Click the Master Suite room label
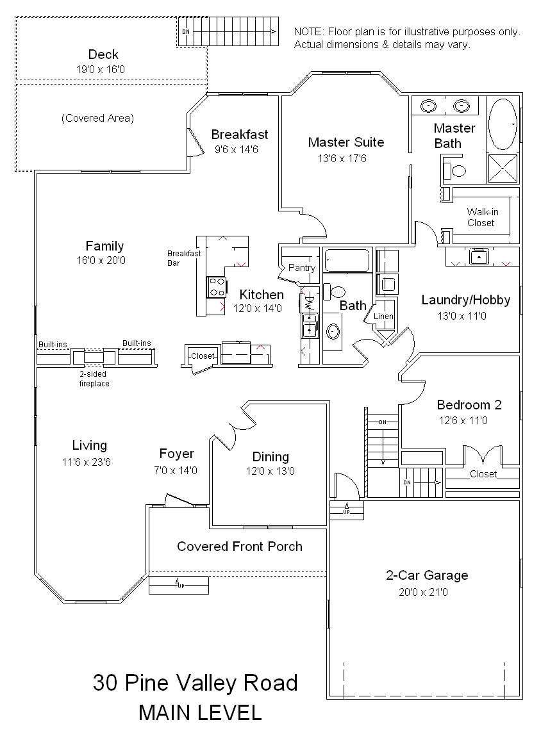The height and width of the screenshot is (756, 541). coord(345,142)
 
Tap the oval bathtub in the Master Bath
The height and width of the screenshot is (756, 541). coord(503,124)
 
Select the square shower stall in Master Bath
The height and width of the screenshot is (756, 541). coord(503,168)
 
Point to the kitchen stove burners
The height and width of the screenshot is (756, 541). coord(217,287)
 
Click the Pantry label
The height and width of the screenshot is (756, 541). coord(302,268)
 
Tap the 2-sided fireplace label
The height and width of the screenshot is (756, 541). coord(94,379)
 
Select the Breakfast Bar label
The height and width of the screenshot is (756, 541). coord(184,258)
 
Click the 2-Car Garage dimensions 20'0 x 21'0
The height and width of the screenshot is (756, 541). coord(423,592)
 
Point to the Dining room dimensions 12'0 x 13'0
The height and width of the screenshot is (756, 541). coord(270,471)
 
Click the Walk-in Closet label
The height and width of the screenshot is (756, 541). coord(481,217)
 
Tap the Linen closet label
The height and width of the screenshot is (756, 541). coord(383,316)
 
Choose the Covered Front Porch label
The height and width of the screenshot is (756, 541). coord(240,546)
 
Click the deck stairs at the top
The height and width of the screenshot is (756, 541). coord(229,32)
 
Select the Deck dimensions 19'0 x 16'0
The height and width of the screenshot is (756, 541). coord(100,69)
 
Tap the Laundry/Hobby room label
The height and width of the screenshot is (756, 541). coord(466,300)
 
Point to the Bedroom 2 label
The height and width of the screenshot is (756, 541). coord(469,404)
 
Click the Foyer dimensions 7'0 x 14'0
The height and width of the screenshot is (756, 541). coord(176,470)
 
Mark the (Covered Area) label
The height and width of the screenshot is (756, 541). coord(97,118)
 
